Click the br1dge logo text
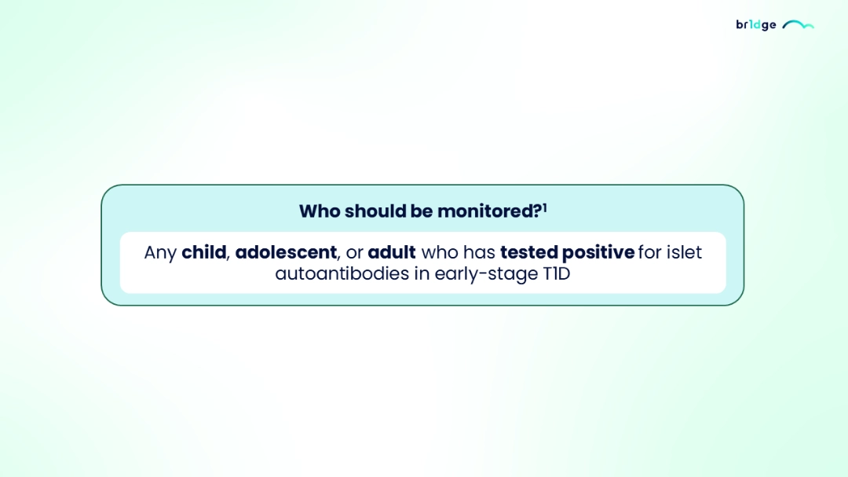pyautogui.click(x=755, y=25)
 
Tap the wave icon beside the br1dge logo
pyautogui.click(x=798, y=24)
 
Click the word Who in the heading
pyautogui.click(x=320, y=211)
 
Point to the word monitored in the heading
pyautogui.click(x=484, y=211)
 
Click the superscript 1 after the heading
pyautogui.click(x=545, y=207)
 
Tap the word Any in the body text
pyautogui.click(x=160, y=253)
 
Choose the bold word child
pyautogui.click(x=203, y=252)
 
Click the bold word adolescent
pyautogui.click(x=286, y=252)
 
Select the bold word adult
pyautogui.click(x=392, y=252)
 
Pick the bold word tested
pyautogui.click(x=529, y=252)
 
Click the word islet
pyautogui.click(x=684, y=252)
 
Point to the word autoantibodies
pyautogui.click(x=342, y=273)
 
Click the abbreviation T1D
pyautogui.click(x=556, y=274)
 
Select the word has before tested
pyautogui.click(x=479, y=252)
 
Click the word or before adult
pyautogui.click(x=355, y=254)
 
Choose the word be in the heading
pyautogui.click(x=422, y=211)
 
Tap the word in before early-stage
pyautogui.click(x=422, y=273)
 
